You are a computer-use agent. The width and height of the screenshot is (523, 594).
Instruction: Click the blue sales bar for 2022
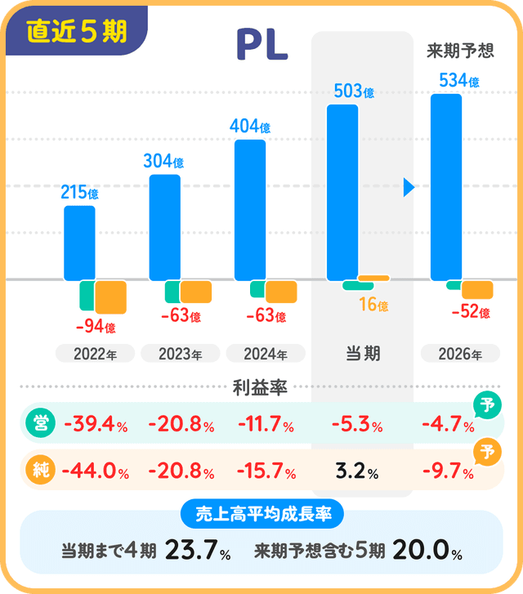tap(79, 243)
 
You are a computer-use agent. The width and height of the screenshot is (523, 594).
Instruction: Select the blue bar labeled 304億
tap(164, 228)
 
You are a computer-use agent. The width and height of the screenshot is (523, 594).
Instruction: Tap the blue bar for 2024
tap(250, 211)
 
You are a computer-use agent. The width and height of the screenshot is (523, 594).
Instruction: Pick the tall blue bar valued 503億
tap(342, 193)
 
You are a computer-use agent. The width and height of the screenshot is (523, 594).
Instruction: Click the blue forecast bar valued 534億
tap(446, 187)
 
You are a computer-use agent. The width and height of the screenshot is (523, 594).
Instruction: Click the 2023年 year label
tap(180, 354)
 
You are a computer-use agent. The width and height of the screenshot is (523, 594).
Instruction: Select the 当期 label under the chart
tap(362, 354)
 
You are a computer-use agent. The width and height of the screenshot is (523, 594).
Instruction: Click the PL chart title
tap(261, 47)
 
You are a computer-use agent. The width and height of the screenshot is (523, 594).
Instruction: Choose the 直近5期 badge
tap(77, 32)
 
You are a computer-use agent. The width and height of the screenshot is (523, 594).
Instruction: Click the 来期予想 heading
tap(460, 51)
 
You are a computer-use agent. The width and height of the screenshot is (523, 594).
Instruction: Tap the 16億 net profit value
tap(373, 306)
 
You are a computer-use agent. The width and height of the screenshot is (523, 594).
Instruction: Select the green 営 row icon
tap(38, 423)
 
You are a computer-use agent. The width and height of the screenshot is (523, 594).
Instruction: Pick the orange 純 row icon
tap(38, 470)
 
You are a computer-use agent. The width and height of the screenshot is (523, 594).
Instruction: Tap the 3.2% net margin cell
tap(356, 471)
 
